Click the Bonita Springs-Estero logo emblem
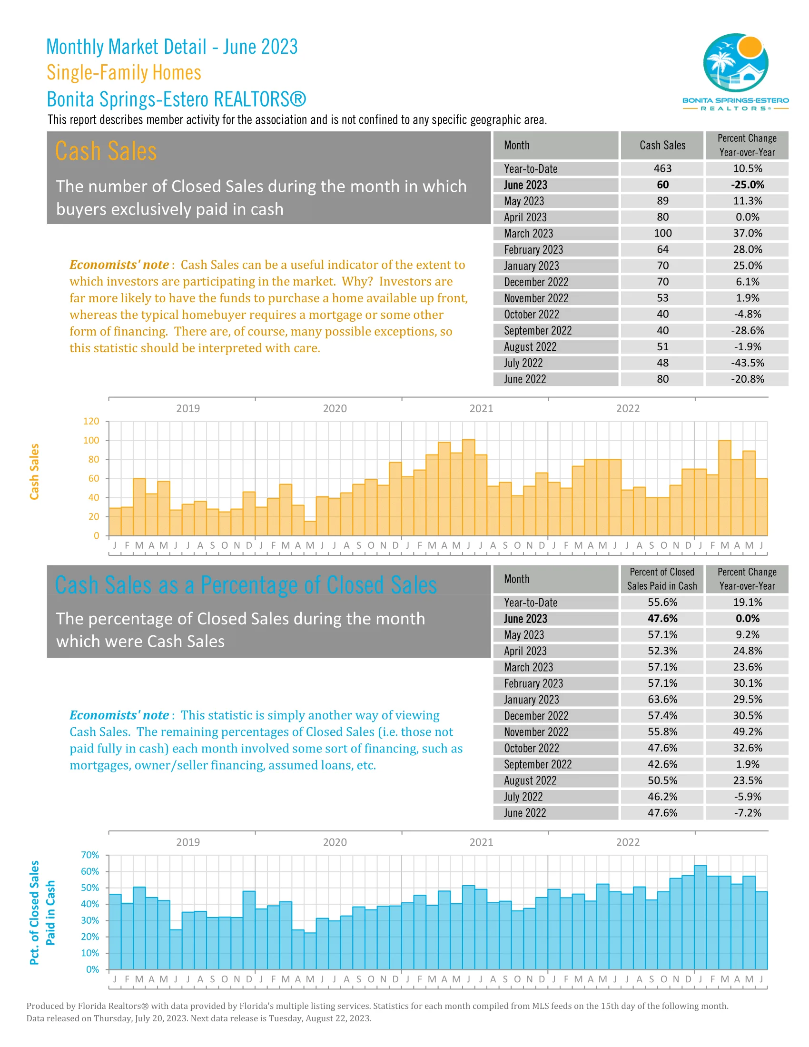[x=735, y=62]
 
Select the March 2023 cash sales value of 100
[x=662, y=234]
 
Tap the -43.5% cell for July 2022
[x=747, y=363]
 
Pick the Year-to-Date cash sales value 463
[x=662, y=169]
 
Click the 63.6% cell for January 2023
[x=662, y=700]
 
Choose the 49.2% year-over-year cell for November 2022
[x=747, y=732]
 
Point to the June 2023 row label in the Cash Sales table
[x=525, y=185]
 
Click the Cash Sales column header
[x=662, y=145]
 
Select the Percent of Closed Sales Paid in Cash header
[x=662, y=579]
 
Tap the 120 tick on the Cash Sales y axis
[x=91, y=421]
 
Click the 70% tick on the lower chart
[x=90, y=855]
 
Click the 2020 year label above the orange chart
[x=335, y=408]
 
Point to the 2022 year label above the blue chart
[x=627, y=842]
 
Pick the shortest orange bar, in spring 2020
[x=310, y=528]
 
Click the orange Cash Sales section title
[x=106, y=151]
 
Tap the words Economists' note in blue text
[x=119, y=715]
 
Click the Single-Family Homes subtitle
[x=124, y=73]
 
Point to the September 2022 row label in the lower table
[x=537, y=765]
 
